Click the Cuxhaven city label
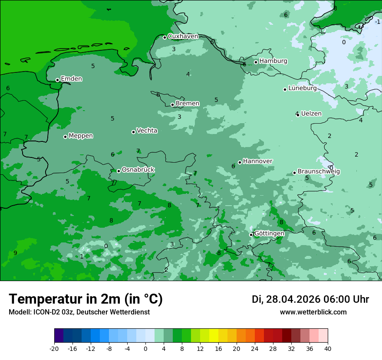(x=183, y=36)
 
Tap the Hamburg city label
(x=273, y=61)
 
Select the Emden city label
(x=71, y=79)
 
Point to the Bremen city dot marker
(x=172, y=105)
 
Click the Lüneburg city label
(x=302, y=88)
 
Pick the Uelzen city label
(x=311, y=114)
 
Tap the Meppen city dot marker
(x=65, y=137)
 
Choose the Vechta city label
(x=147, y=131)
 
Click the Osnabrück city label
(x=138, y=170)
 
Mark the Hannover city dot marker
(x=240, y=162)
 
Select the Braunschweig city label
(x=319, y=171)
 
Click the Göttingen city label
(x=269, y=233)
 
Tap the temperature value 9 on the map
(x=15, y=253)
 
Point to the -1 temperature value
(x=377, y=22)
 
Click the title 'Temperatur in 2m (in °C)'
(x=86, y=299)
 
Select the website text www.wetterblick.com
(x=313, y=312)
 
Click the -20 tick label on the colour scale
(x=54, y=348)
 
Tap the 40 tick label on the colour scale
(x=328, y=348)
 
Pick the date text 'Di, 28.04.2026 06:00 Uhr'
(x=310, y=299)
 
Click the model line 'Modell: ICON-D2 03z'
(x=79, y=312)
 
